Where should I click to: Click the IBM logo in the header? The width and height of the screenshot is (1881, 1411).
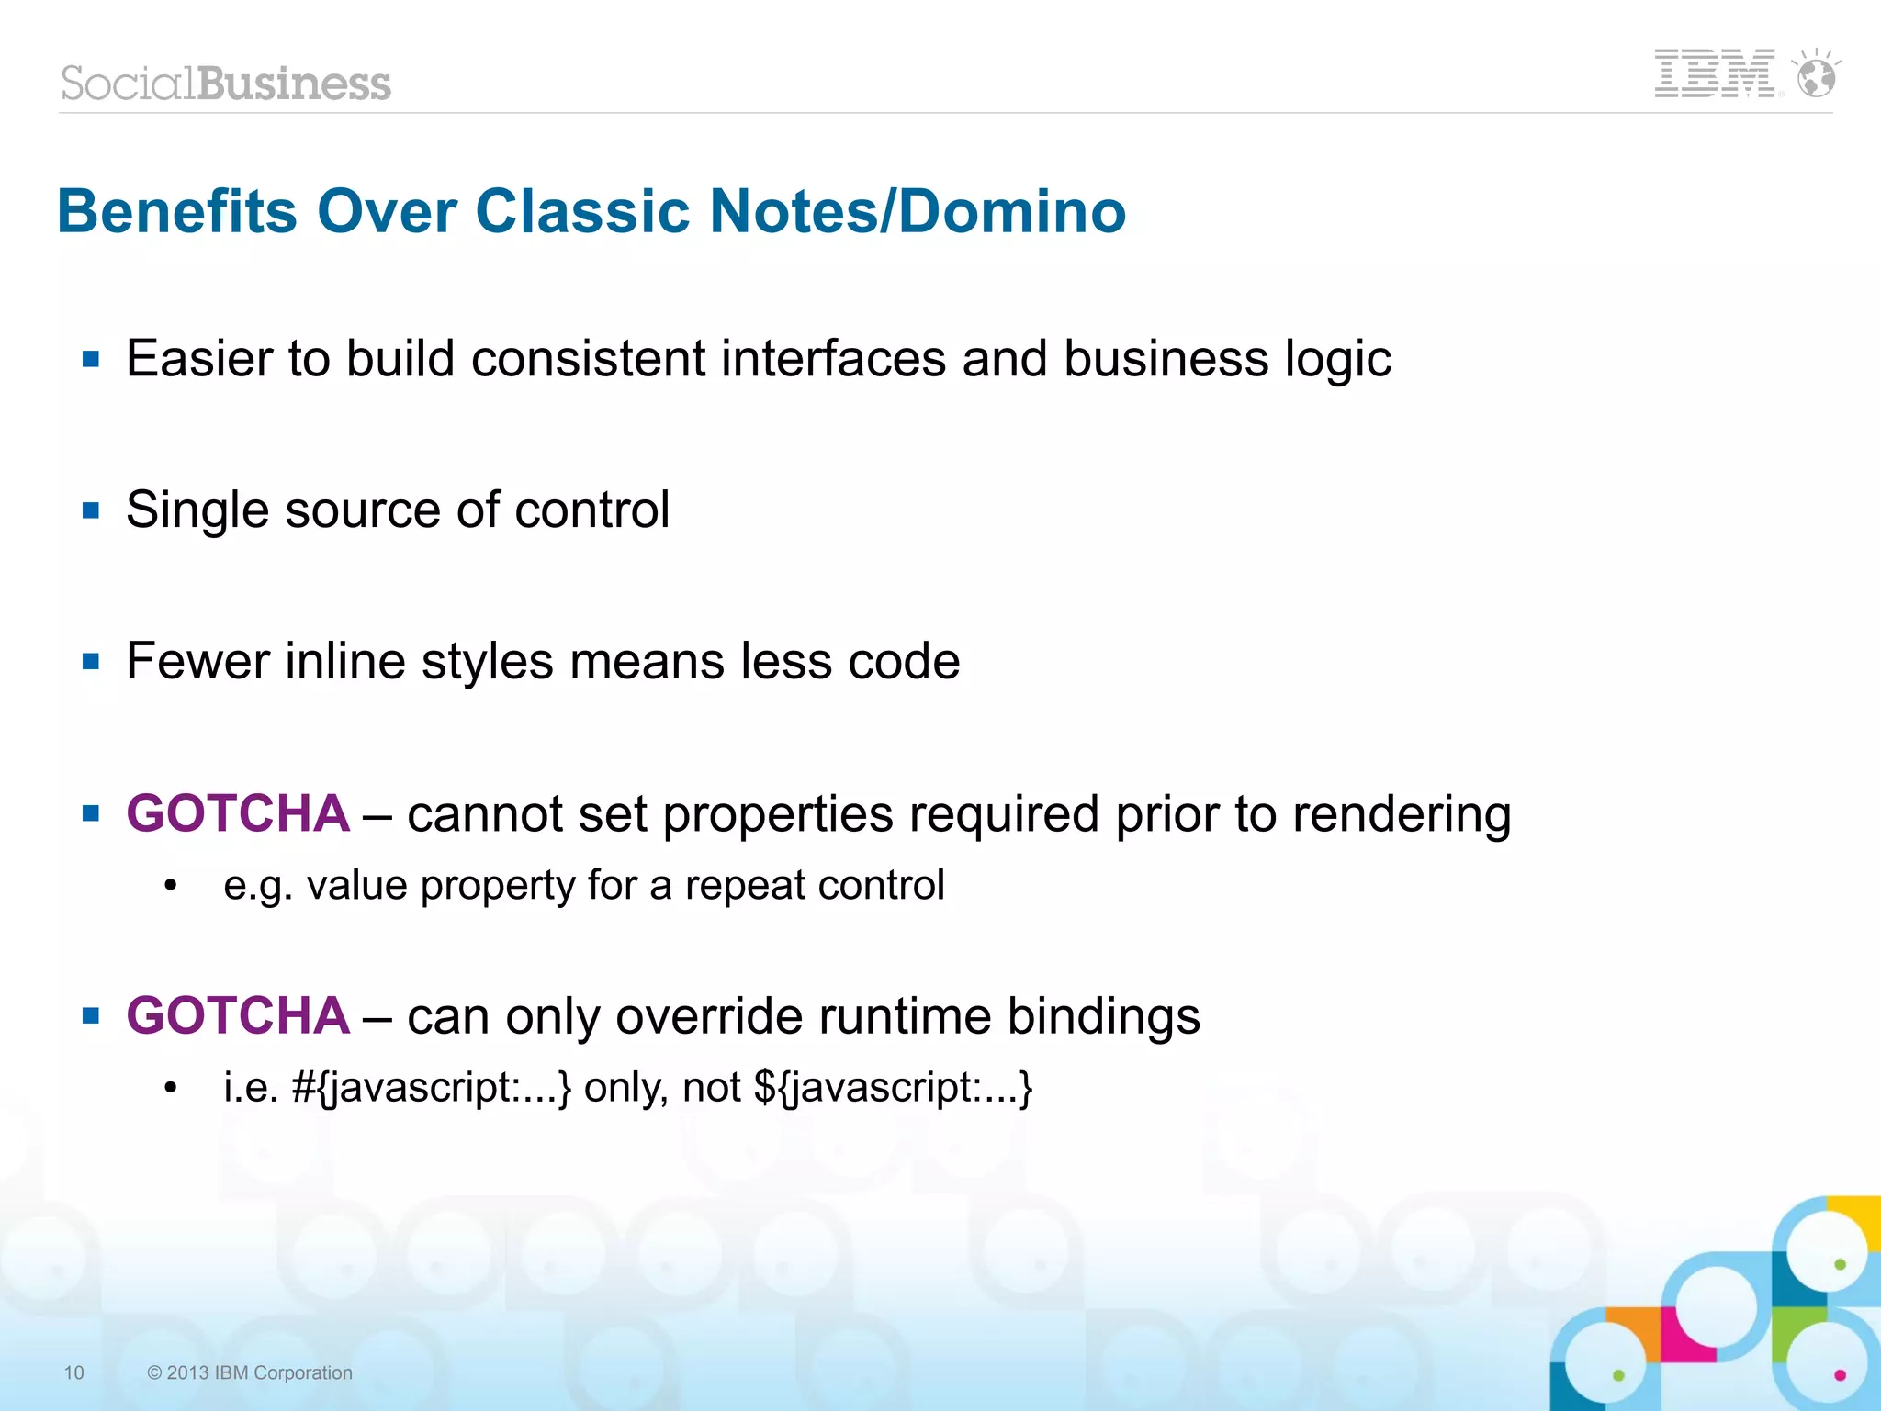click(1714, 73)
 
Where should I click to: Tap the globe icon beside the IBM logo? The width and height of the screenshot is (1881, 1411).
click(1816, 75)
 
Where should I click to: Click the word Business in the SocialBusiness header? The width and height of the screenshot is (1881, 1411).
click(294, 84)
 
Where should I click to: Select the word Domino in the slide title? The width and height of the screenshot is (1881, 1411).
click(1011, 211)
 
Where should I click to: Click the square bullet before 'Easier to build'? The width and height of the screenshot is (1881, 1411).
click(90, 358)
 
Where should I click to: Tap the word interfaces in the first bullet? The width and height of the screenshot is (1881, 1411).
click(833, 358)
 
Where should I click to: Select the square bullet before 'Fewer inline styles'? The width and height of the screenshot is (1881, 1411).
click(90, 661)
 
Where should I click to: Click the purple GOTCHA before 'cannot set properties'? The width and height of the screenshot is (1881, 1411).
click(238, 813)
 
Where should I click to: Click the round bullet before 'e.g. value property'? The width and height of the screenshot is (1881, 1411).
click(170, 886)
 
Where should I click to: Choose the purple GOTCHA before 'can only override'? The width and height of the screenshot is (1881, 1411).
click(238, 1016)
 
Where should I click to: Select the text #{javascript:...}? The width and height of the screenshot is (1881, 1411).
click(432, 1088)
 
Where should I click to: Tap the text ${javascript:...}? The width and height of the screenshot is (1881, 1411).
click(893, 1088)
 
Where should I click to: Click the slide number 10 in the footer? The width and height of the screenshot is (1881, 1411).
click(73, 1372)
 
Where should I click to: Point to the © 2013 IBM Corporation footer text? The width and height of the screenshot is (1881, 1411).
click(250, 1372)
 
